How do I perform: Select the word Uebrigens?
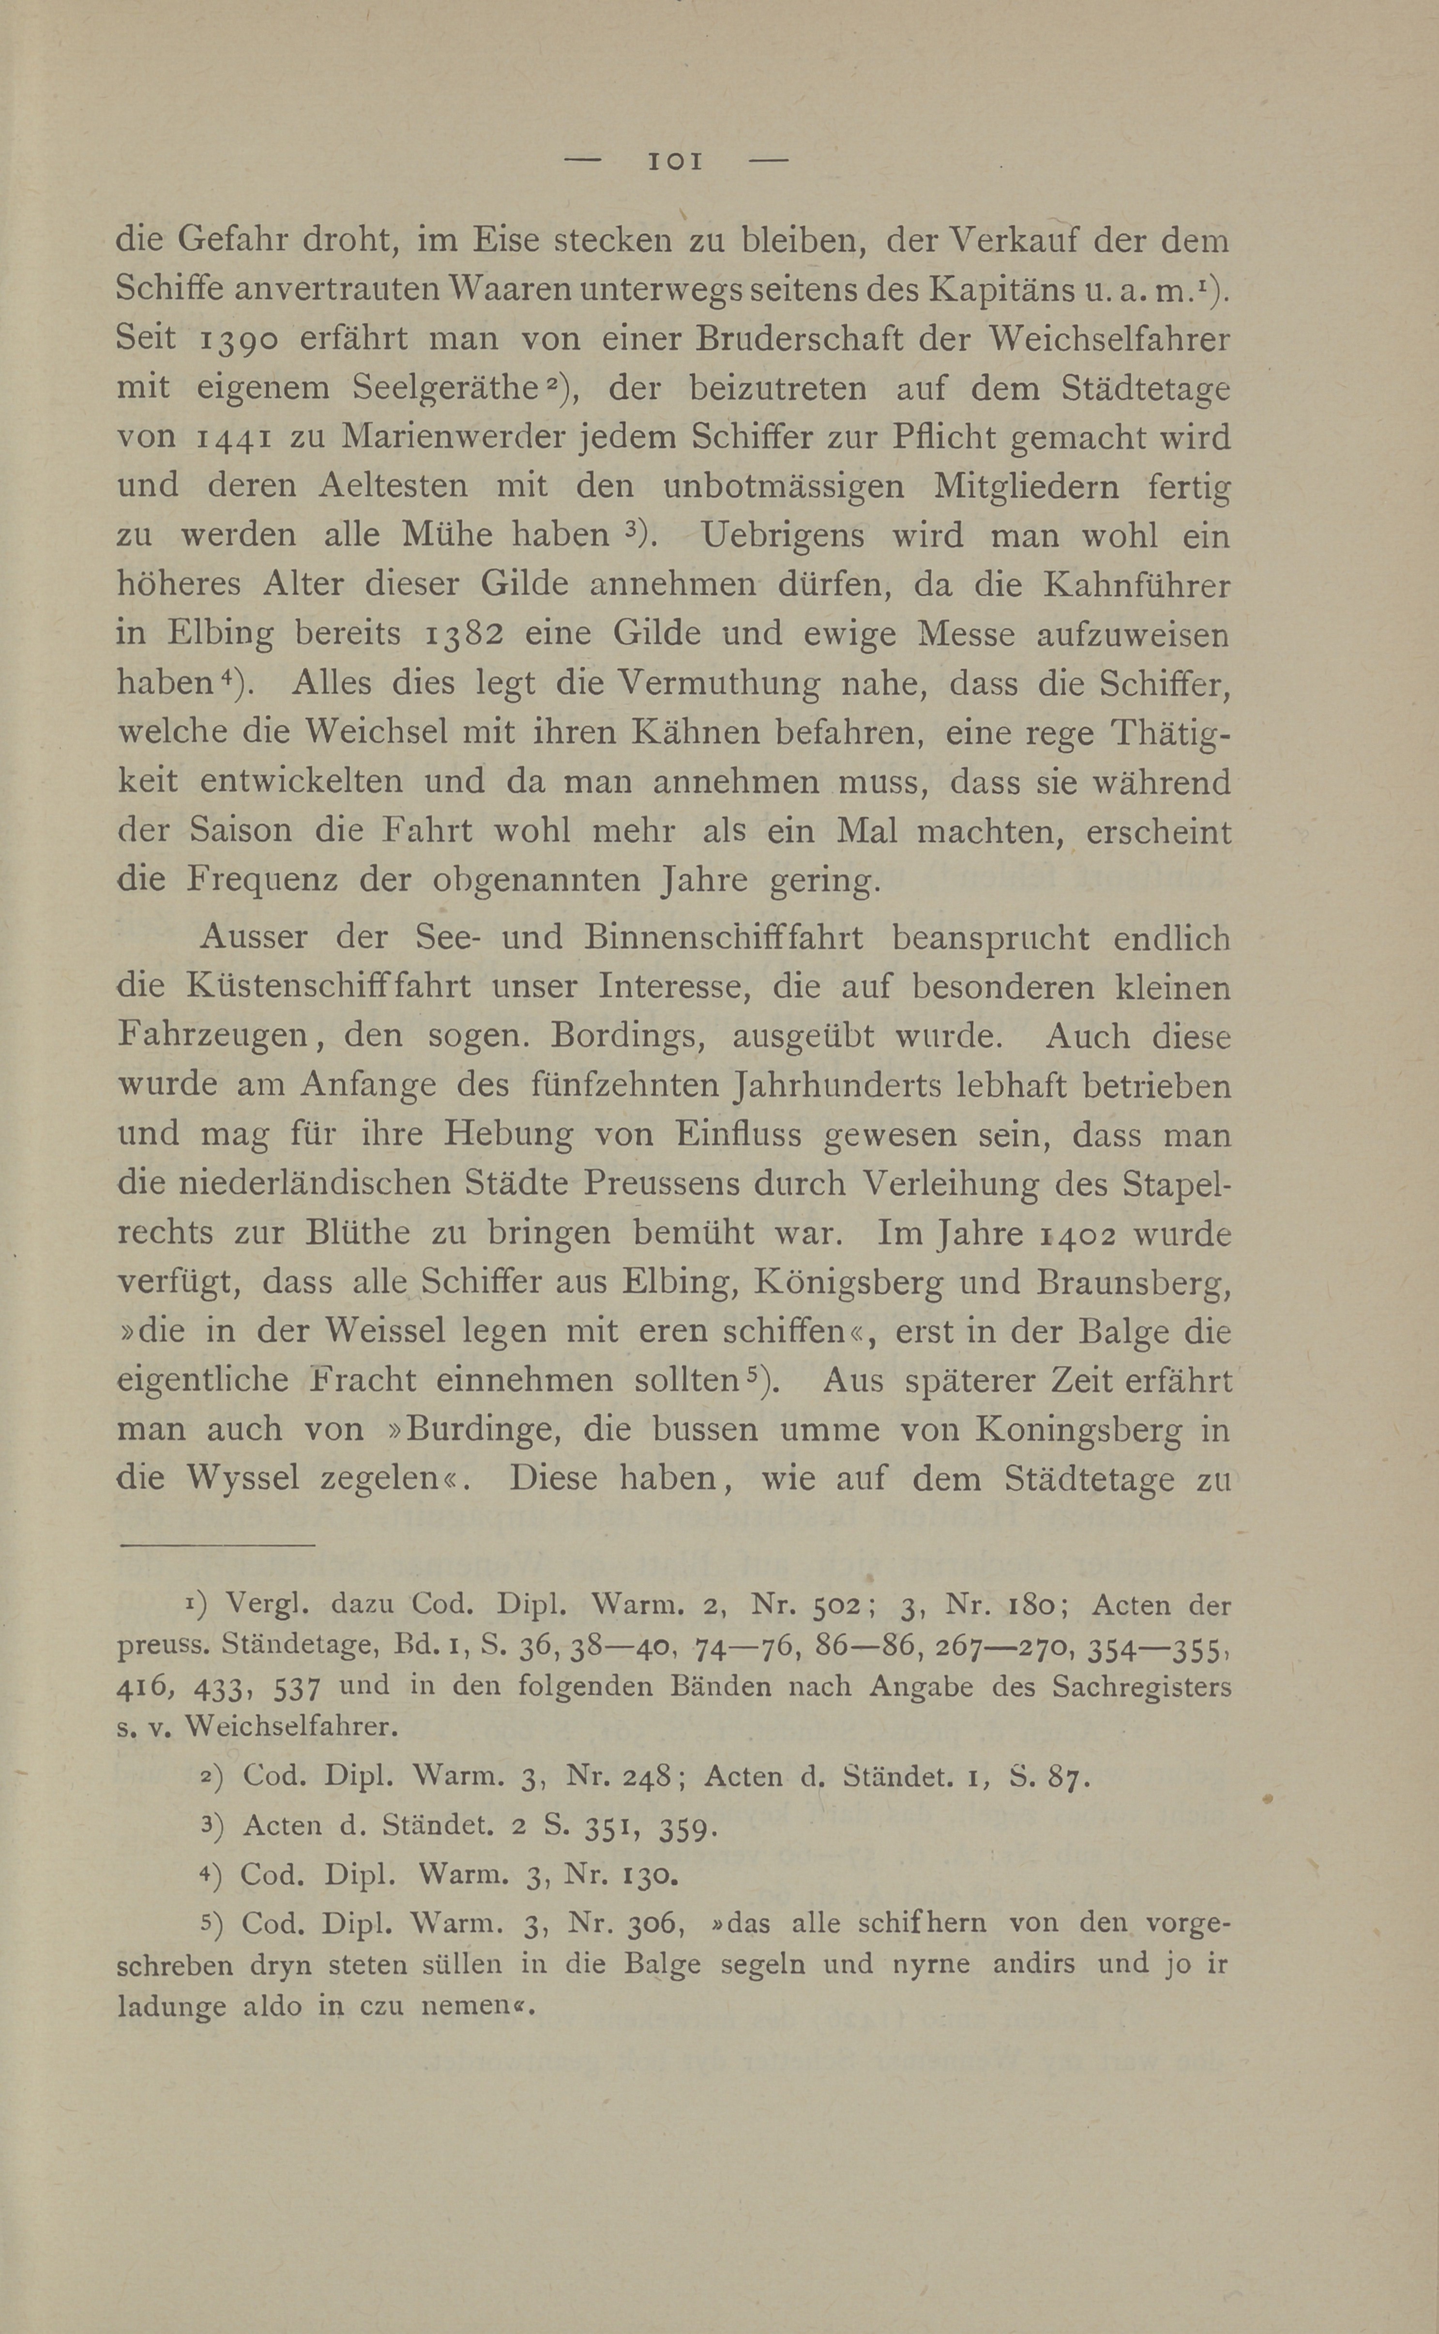782,535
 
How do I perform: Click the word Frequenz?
262,879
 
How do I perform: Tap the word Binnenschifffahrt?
723,938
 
